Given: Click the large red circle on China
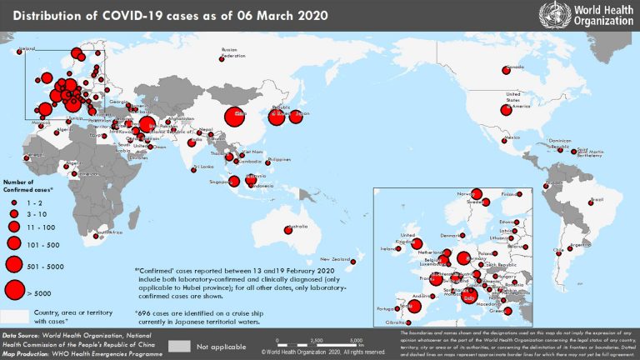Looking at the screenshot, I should click(x=236, y=117).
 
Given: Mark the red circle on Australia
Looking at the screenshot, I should click(x=288, y=231).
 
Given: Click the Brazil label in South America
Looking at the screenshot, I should click(x=596, y=200).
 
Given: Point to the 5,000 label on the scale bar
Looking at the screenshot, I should click(x=356, y=341).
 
